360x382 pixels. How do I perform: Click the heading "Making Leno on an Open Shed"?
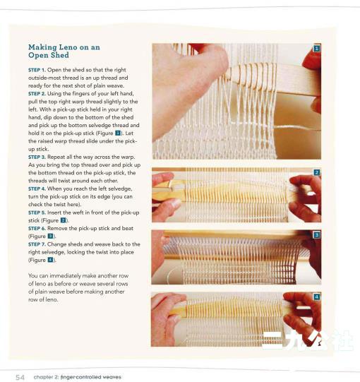(64, 51)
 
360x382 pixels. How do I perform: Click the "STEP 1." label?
(37, 70)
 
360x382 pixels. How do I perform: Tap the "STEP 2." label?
(37, 94)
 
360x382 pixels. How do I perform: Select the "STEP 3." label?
(37, 157)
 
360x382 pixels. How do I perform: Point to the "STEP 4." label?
(37, 189)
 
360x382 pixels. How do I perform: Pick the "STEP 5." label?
(37, 213)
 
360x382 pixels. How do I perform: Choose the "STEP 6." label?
(37, 229)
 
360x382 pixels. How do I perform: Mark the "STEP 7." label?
(37, 244)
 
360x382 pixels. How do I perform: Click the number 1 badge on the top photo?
(316, 48)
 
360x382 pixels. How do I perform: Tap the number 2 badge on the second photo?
(316, 172)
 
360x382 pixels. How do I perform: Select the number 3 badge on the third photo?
(316, 235)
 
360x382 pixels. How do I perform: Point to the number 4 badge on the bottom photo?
(316, 297)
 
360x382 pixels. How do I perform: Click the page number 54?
(20, 377)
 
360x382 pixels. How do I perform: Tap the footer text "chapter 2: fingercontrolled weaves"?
(77, 377)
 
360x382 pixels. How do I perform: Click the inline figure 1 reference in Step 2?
(118, 133)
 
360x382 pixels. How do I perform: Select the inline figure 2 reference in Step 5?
(63, 220)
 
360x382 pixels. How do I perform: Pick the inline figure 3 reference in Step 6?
(50, 236)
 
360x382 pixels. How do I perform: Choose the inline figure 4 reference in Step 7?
(50, 260)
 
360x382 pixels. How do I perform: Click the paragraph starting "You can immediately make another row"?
(78, 287)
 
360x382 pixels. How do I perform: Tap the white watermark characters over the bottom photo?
(308, 340)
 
